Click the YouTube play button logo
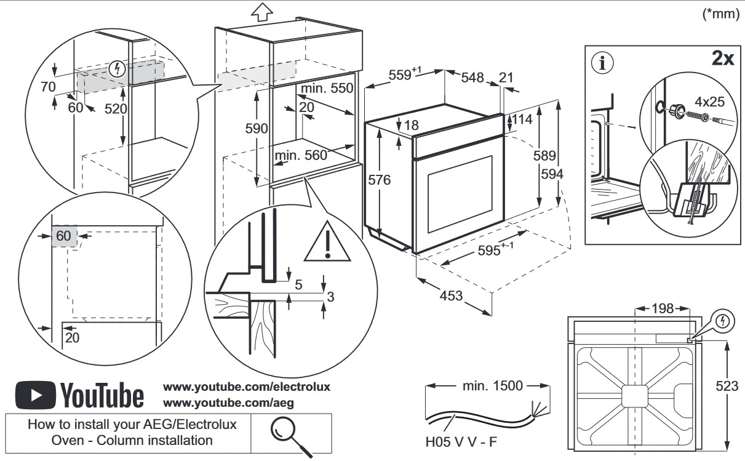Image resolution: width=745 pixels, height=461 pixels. (x=36, y=395)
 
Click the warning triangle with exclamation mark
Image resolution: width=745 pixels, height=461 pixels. (x=328, y=242)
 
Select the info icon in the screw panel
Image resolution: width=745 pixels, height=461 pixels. (x=602, y=62)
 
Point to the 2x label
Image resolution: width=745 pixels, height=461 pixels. (x=722, y=58)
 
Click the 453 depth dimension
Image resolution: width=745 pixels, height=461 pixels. (x=451, y=296)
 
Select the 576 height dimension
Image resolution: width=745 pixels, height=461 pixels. (x=379, y=180)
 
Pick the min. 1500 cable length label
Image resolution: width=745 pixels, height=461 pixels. (x=492, y=386)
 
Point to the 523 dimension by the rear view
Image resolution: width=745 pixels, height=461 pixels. (x=727, y=387)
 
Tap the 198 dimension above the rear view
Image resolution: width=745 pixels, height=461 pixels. (x=662, y=308)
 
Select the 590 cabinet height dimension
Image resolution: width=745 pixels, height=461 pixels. (x=257, y=129)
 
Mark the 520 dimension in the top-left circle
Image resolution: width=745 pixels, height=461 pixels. (x=116, y=109)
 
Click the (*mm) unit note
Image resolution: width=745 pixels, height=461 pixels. (x=720, y=14)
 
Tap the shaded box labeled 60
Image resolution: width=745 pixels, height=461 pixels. (x=64, y=236)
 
